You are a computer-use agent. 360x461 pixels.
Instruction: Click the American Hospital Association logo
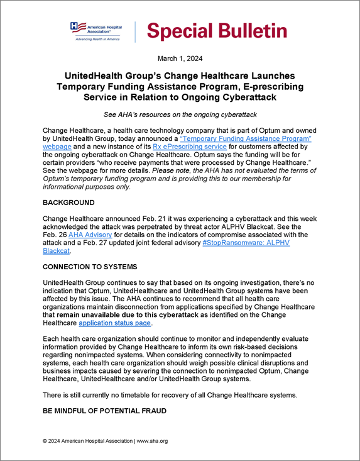tap(98, 30)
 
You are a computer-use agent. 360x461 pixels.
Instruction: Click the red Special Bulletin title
tap(217, 30)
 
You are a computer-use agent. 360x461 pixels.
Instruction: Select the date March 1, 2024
tap(180, 59)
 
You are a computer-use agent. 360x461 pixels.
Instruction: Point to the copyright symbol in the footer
tap(45, 441)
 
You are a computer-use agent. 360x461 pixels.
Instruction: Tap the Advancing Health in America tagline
tap(98, 39)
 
